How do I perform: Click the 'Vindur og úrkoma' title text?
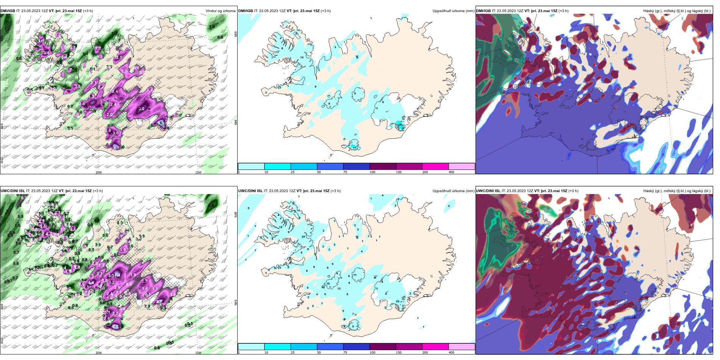pyautogui.click(x=220, y=11)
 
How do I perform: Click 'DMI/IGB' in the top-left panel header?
pyautogui.click(x=8, y=11)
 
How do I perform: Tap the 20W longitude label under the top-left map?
pyautogui.click(x=99, y=172)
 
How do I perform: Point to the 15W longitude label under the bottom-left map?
pyautogui.click(x=198, y=353)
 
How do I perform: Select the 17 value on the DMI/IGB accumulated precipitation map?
pyautogui.click(x=355, y=148)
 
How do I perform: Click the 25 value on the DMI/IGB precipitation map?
pyautogui.click(x=399, y=125)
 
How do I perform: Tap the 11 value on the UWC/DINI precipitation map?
pyautogui.click(x=355, y=275)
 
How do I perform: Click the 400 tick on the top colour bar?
pyautogui.click(x=451, y=172)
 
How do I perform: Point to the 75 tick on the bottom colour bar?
pyautogui.click(x=345, y=353)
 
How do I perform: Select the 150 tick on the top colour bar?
pyautogui.click(x=398, y=172)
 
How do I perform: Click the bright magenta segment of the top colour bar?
pyautogui.click(x=435, y=166)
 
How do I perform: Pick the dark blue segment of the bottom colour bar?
pyautogui.click(x=356, y=347)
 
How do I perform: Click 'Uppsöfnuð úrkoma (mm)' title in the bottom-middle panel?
pyautogui.click(x=453, y=191)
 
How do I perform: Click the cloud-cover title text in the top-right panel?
pyautogui.click(x=677, y=11)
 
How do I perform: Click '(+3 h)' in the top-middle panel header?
pyautogui.click(x=326, y=11)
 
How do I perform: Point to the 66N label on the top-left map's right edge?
pyautogui.click(x=236, y=34)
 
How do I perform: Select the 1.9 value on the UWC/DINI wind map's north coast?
pyautogui.click(x=123, y=250)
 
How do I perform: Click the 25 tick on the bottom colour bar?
pyautogui.click(x=293, y=353)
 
